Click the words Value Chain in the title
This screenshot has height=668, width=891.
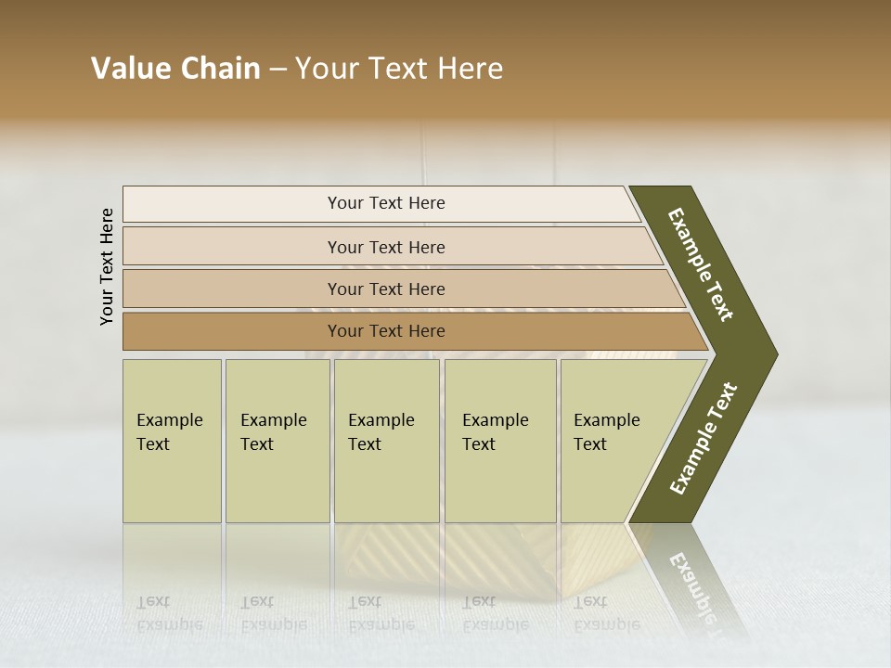(x=175, y=69)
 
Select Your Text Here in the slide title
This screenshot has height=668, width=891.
(x=399, y=69)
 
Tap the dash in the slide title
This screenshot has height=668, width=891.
(x=278, y=70)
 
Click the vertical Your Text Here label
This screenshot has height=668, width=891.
(x=107, y=266)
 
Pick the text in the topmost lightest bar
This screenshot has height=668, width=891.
(x=386, y=203)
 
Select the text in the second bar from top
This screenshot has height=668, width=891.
(x=386, y=247)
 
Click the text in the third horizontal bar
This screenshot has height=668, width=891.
(x=386, y=289)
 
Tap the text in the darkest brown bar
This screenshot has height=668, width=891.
(x=386, y=331)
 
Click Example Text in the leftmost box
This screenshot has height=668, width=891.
(x=169, y=431)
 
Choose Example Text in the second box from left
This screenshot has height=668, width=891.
(x=273, y=431)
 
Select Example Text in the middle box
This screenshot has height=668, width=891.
(x=381, y=431)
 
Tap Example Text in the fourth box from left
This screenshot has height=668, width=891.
(x=495, y=431)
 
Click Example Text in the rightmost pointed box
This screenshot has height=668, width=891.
(x=606, y=431)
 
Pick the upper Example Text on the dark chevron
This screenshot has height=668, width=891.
(x=701, y=264)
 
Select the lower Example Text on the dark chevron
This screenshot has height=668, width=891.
(x=704, y=439)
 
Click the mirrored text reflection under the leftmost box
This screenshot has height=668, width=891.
(x=169, y=612)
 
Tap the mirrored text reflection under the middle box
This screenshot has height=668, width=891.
(x=381, y=612)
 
